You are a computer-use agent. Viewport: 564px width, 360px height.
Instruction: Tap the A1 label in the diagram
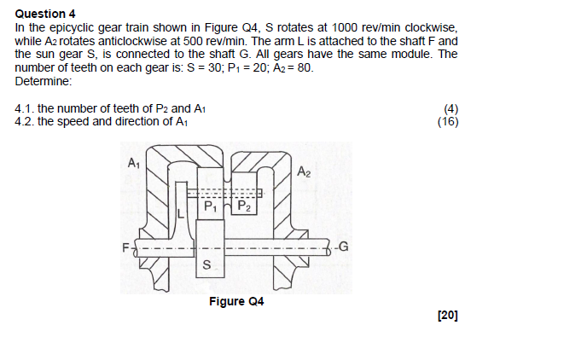pos(133,162)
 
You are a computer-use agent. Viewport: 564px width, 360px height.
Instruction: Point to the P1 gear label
pos(210,206)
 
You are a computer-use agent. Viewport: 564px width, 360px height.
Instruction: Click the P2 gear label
pos(243,206)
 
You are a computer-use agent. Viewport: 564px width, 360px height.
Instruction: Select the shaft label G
pos(344,247)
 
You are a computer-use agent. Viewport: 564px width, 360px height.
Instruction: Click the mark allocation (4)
pos(451,110)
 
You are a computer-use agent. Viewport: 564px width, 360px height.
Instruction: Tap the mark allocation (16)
pos(448,121)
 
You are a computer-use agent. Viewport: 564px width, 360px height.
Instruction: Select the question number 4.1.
pos(25,110)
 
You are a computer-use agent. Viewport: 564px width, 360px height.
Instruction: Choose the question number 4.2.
pos(25,121)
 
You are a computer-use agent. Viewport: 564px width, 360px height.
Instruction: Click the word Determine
pos(44,81)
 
